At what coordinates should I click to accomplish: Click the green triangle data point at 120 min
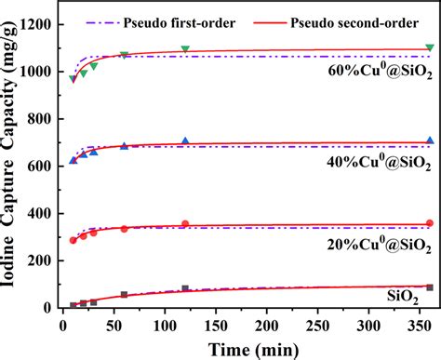(x=185, y=48)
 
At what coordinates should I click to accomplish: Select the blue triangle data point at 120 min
(x=185, y=141)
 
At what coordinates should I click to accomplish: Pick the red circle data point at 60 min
(x=124, y=228)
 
